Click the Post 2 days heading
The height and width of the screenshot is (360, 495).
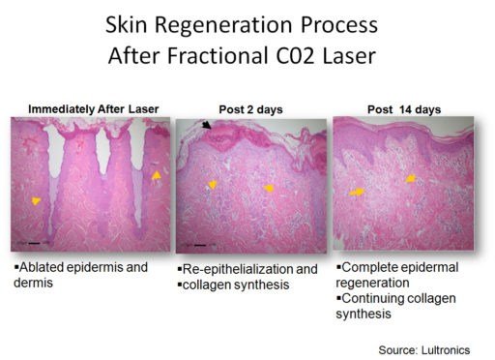tap(251, 109)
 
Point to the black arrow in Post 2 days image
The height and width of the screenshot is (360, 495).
tap(208, 127)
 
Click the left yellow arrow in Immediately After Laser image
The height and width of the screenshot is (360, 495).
tap(36, 200)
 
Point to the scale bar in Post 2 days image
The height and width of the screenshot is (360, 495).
tap(201, 246)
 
